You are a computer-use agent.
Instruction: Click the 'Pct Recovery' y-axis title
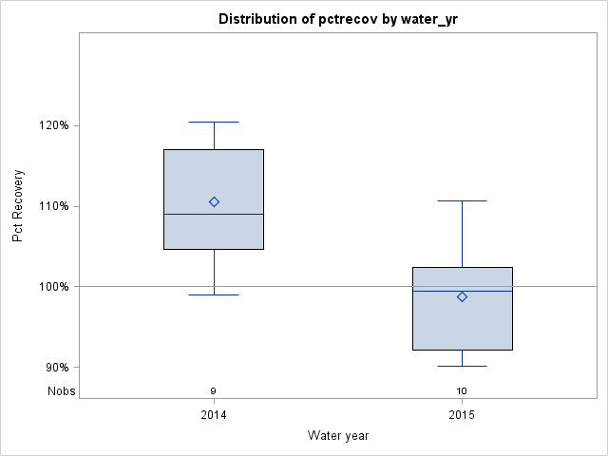point(18,206)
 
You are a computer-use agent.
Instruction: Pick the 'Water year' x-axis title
point(337,435)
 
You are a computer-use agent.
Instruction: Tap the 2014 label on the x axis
point(214,415)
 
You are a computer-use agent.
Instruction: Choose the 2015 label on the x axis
point(462,415)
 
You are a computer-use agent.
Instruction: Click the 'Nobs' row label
point(62,390)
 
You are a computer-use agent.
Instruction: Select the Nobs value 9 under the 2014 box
point(214,390)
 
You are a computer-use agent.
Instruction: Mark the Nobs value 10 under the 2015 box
point(462,390)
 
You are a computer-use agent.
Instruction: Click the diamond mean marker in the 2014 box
point(214,201)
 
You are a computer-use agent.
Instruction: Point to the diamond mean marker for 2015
point(462,296)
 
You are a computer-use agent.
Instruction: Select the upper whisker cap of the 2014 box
point(214,122)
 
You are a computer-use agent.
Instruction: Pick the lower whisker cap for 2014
point(214,294)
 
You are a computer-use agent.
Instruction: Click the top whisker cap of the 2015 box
point(462,200)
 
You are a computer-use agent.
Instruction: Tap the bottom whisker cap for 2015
point(462,366)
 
